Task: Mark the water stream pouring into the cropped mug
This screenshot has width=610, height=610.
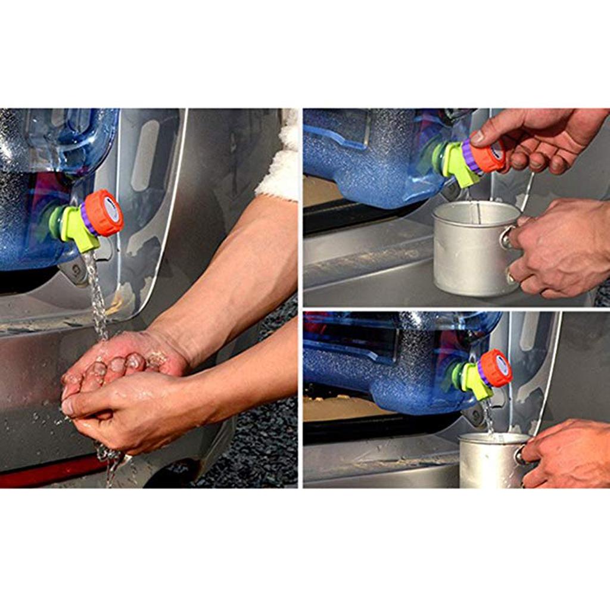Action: pos(488,417)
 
